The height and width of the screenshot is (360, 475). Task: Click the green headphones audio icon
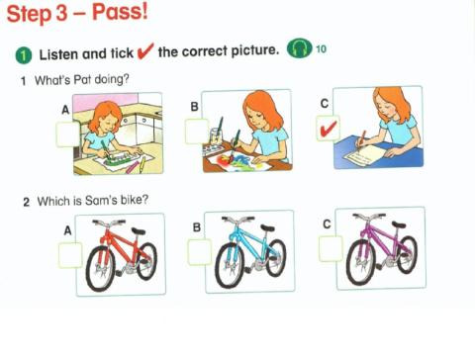point(298,50)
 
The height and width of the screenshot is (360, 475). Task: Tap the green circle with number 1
point(22,52)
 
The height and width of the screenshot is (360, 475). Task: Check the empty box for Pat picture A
point(67,133)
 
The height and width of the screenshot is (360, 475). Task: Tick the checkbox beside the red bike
point(70,254)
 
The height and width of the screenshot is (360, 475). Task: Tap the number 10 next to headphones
point(321,50)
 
